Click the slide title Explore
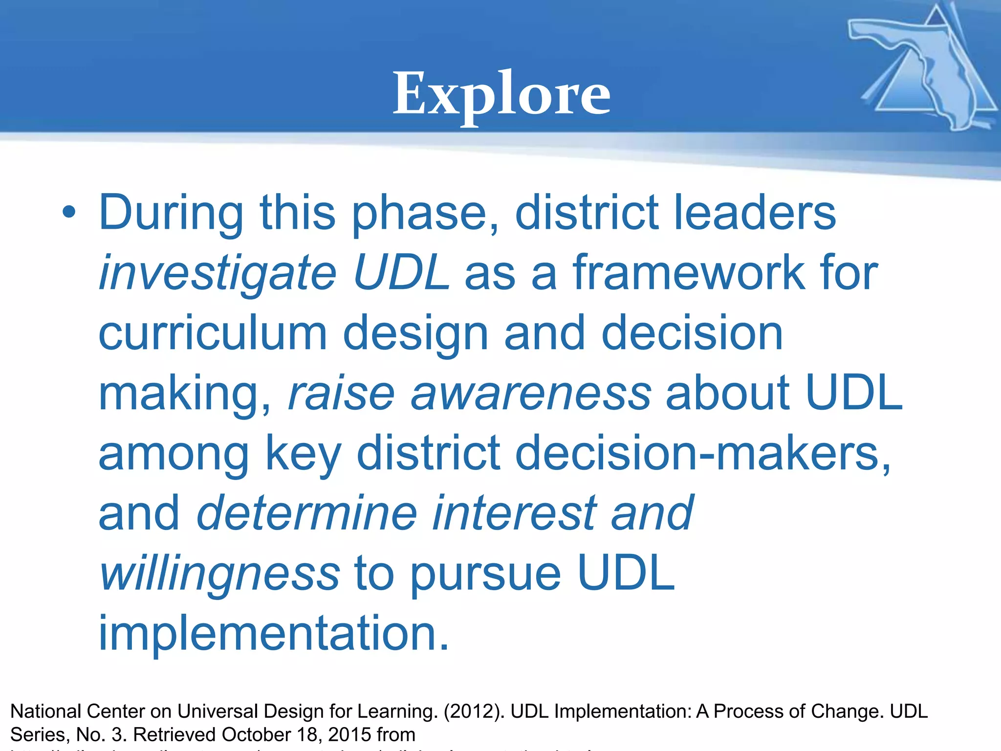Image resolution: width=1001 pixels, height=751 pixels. (x=501, y=94)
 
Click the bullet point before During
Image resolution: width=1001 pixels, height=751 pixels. (x=69, y=213)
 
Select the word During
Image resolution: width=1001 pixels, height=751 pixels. (x=171, y=213)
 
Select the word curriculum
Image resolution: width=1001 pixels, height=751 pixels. (x=213, y=333)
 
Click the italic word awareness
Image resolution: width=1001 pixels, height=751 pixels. (x=531, y=394)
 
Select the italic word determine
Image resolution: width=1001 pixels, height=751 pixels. (x=306, y=513)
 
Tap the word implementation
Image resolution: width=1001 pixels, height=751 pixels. (x=273, y=634)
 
